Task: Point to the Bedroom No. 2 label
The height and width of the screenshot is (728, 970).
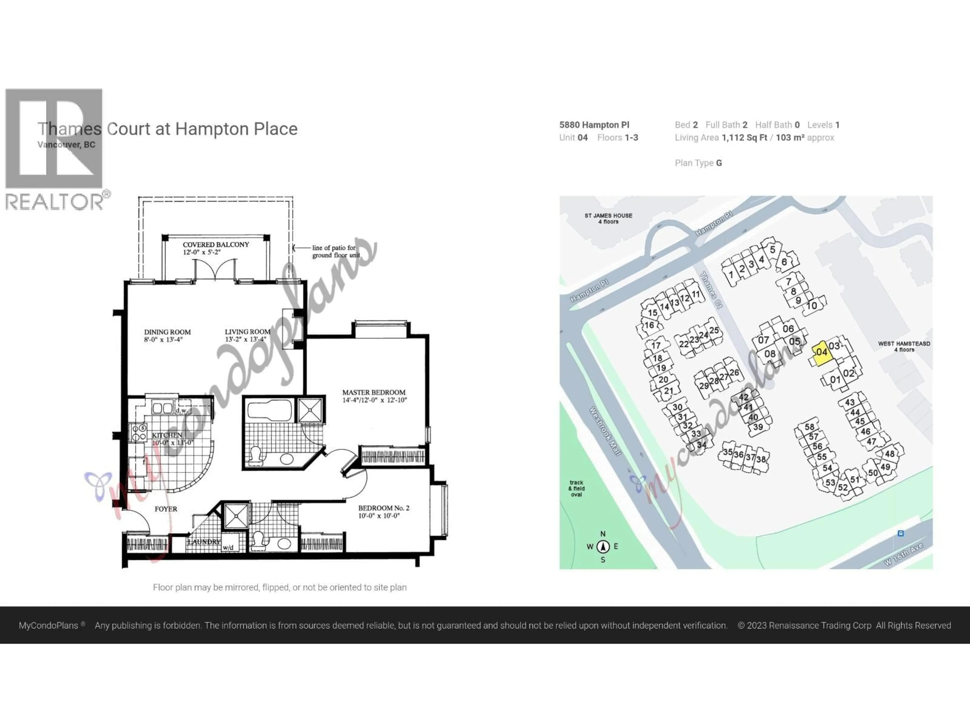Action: click(x=384, y=512)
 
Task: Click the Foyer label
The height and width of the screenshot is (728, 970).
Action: click(x=166, y=509)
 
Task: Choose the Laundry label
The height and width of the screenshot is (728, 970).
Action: click(x=204, y=542)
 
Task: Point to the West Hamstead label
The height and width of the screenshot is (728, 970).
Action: click(x=904, y=346)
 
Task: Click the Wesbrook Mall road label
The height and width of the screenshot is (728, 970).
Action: click(x=605, y=431)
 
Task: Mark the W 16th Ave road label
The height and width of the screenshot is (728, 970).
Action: click(x=903, y=554)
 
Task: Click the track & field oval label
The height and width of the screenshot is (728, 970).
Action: click(x=576, y=488)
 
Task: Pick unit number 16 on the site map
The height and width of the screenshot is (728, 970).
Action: click(x=649, y=325)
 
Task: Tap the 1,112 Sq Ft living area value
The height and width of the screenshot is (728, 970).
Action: click(x=744, y=138)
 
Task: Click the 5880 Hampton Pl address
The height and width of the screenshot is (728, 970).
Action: click(x=594, y=125)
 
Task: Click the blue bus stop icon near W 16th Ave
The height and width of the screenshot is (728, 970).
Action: click(x=900, y=534)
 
